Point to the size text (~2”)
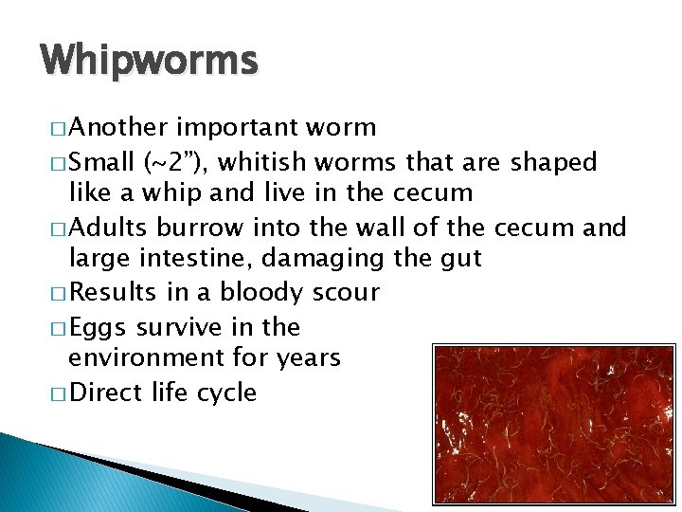click(x=176, y=163)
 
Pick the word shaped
click(x=554, y=163)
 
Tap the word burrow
click(x=204, y=229)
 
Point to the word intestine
click(x=206, y=258)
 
